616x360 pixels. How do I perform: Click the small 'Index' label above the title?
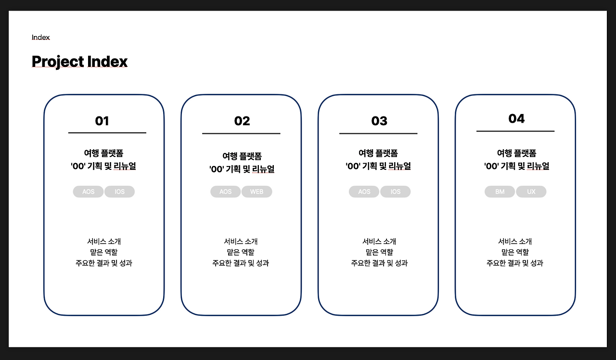pos(41,37)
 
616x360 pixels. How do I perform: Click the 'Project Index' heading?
pos(79,61)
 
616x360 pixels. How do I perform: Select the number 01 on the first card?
pos(102,121)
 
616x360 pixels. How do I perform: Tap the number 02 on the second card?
pos(242,121)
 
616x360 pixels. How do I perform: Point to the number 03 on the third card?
pos(379,121)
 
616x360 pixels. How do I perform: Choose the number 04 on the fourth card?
pos(516,119)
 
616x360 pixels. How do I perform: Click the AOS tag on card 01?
pos(88,192)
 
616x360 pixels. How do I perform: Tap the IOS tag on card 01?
pos(120,192)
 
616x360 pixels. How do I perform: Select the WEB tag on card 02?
pos(257,192)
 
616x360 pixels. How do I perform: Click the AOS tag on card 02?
pos(226,192)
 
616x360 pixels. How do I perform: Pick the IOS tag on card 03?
pos(396,192)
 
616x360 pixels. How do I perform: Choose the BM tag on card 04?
pos(500,192)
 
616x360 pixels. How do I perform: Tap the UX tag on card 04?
pos(531,192)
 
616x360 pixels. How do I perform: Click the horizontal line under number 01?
pos(107,133)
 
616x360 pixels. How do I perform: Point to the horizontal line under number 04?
pos(515,131)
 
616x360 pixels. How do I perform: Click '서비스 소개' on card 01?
pos(104,242)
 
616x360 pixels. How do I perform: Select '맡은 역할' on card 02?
pos(241,252)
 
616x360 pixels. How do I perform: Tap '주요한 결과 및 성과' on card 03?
pos(379,263)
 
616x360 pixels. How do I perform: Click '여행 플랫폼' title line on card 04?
pos(516,153)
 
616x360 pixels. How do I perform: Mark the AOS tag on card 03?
pos(364,192)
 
